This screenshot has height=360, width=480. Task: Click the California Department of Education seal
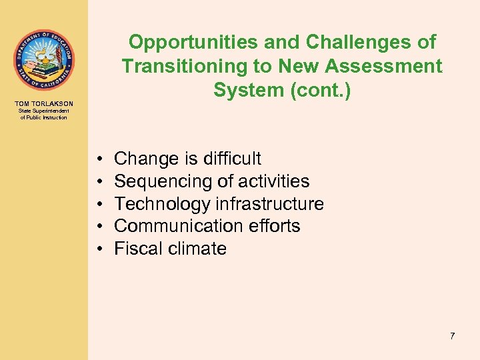(x=43, y=60)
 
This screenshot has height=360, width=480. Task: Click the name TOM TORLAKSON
(x=43, y=103)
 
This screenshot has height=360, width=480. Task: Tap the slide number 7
(x=452, y=336)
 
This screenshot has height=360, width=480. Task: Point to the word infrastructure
(x=269, y=204)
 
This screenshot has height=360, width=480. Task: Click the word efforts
(x=273, y=227)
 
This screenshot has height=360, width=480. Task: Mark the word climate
(x=197, y=249)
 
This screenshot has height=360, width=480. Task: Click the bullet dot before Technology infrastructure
(x=99, y=204)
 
